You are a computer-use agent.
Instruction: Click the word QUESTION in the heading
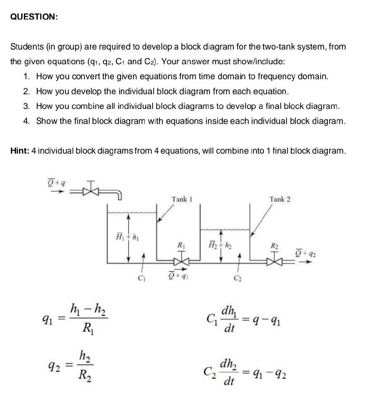coord(33,17)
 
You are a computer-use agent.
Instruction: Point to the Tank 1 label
coord(182,199)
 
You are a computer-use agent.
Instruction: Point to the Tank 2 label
coord(280,199)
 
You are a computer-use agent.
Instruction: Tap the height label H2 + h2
coord(221,245)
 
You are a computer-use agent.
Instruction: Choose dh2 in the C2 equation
coord(229,363)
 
